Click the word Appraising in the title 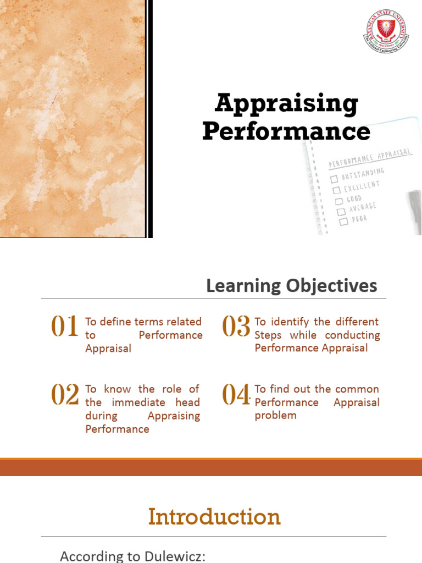(286, 104)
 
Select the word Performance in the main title (286, 133)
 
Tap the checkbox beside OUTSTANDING (334, 179)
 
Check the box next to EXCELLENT (336, 190)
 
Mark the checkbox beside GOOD (338, 201)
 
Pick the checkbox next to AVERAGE (341, 211)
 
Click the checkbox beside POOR (343, 222)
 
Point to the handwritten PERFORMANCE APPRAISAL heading (370, 157)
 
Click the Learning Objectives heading (292, 286)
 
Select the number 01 (65, 327)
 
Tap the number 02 (65, 395)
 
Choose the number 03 (236, 327)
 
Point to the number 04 (236, 395)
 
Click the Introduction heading (214, 517)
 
